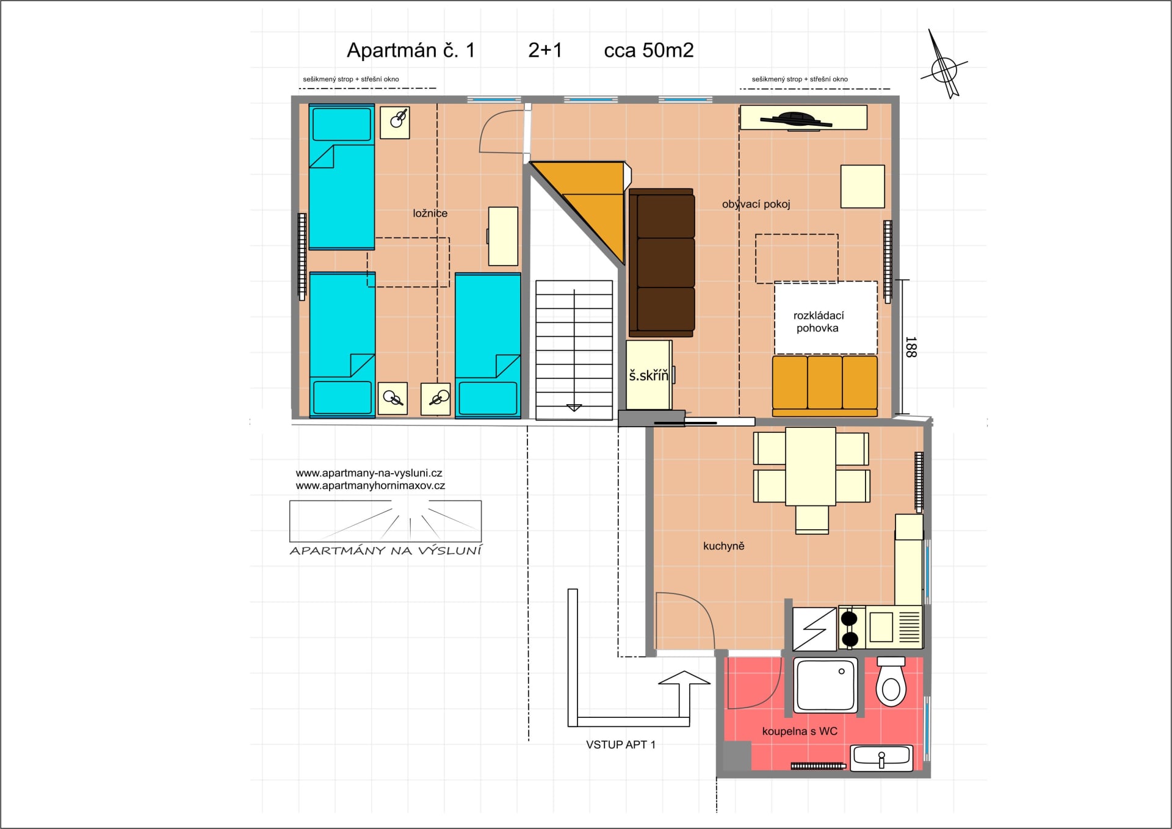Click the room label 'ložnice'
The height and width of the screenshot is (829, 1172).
[x=430, y=213]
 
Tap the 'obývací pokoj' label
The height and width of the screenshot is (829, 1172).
[x=756, y=204]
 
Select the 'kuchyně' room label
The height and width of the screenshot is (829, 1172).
[x=723, y=546]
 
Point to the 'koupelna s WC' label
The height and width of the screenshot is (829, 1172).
[x=800, y=731]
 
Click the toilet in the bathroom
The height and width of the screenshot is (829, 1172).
[x=891, y=682]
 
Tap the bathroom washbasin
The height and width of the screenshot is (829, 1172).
[x=881, y=758]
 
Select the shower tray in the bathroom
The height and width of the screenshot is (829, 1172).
[x=825, y=685]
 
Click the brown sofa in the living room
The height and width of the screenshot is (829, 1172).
[x=662, y=263]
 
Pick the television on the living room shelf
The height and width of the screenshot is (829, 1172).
[x=795, y=120]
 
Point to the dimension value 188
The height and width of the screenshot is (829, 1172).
[x=911, y=347]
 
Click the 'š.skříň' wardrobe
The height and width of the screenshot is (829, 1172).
[x=649, y=375]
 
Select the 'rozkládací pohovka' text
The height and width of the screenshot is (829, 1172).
[x=818, y=322]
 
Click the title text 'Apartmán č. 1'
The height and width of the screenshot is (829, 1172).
[x=411, y=50]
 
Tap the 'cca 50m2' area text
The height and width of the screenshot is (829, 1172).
[x=649, y=50]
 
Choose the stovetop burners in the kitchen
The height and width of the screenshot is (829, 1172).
[x=850, y=628]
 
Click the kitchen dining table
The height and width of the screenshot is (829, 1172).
[x=811, y=466]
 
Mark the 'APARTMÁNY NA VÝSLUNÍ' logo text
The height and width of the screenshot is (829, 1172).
[x=386, y=551]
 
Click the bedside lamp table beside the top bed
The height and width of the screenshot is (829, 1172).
[x=395, y=123]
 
